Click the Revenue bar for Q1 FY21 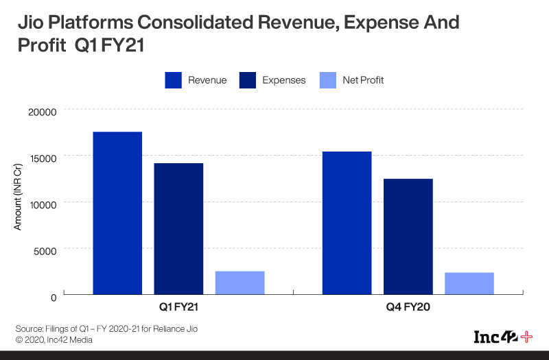click(x=117, y=213)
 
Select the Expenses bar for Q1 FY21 click(x=178, y=229)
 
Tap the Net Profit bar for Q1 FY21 click(x=240, y=283)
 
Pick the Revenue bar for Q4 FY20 click(x=347, y=223)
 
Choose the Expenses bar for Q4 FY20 click(x=408, y=237)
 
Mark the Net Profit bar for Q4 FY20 click(x=469, y=283)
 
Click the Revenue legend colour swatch click(x=173, y=80)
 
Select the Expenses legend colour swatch click(x=248, y=80)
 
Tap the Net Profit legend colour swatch click(x=329, y=80)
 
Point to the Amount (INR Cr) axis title click(x=19, y=202)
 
